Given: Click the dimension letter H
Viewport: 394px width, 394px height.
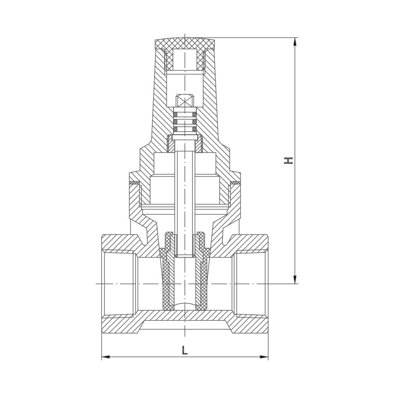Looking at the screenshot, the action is (x=288, y=161).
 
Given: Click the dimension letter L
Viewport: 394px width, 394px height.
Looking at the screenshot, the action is (x=185, y=350).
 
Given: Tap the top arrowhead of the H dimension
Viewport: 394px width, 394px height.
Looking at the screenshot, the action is (x=295, y=42).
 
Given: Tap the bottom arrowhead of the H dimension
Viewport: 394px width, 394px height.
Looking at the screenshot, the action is (x=295, y=280).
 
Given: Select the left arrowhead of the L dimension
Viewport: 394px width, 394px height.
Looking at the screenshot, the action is (x=106, y=357).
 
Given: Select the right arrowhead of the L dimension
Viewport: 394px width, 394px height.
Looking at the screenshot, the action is (x=264, y=357).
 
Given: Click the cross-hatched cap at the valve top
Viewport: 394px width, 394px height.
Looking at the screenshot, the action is (x=185, y=44).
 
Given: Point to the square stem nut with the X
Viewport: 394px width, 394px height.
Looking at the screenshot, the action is (x=185, y=101).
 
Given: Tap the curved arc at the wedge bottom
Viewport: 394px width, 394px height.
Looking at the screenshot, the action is (x=185, y=304).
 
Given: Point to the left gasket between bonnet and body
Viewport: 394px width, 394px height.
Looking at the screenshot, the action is (x=135, y=182).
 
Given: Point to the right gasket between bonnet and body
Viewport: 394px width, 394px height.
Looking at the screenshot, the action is (x=235, y=182).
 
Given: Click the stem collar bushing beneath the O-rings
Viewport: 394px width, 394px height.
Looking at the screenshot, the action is (x=185, y=144).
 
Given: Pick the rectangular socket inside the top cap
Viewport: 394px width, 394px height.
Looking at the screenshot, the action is (x=185, y=60).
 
